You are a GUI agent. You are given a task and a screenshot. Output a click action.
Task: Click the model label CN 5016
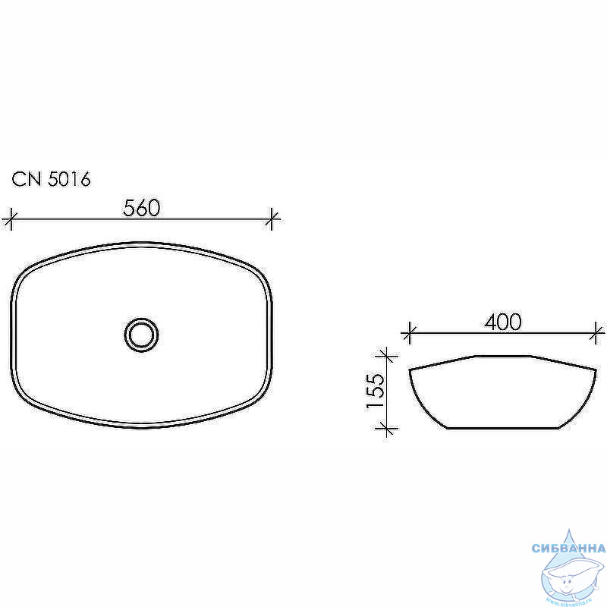[x=51, y=179]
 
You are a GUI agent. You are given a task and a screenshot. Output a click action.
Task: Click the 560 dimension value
[x=142, y=208]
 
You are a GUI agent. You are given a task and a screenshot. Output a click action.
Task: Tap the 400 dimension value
[x=503, y=322]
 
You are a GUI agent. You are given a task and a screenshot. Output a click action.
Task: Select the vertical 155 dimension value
[x=376, y=391]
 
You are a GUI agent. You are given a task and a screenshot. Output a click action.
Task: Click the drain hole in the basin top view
[x=141, y=335]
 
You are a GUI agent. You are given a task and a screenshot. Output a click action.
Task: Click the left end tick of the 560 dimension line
[x=11, y=219]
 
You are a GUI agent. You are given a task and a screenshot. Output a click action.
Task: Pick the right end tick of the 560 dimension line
[x=272, y=219]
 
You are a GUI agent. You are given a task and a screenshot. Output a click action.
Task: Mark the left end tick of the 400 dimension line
[x=409, y=332]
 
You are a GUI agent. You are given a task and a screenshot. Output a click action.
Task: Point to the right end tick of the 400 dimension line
[x=596, y=332]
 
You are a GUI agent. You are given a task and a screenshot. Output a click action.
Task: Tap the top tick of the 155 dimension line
[x=387, y=355]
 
